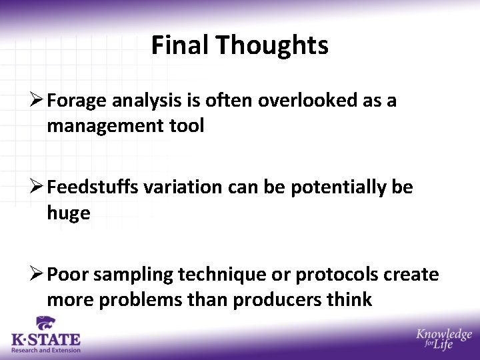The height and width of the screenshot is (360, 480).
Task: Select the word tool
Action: point(187,126)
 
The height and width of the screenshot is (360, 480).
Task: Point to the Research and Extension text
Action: point(45,350)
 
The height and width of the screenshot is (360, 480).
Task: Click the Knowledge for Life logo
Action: point(443,339)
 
